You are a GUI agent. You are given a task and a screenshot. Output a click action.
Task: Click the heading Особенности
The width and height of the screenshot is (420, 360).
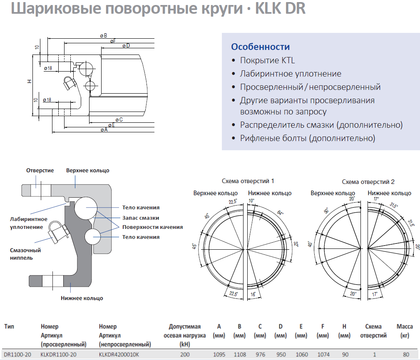260,47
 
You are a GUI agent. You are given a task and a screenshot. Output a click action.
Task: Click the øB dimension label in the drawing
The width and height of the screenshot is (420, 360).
104,36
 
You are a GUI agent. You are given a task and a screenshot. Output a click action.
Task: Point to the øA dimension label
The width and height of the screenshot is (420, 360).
104,130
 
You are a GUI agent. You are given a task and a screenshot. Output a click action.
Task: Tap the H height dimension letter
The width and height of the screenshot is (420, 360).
30,81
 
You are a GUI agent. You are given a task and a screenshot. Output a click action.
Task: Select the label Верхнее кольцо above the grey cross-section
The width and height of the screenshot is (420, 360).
87,170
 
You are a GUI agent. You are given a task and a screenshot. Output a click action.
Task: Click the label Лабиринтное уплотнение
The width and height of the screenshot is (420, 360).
29,223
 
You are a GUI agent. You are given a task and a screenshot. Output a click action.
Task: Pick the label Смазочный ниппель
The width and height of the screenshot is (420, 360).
25,254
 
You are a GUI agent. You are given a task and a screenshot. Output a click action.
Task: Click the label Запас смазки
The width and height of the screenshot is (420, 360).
141,218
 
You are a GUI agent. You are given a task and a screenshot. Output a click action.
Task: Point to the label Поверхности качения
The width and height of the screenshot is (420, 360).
152,227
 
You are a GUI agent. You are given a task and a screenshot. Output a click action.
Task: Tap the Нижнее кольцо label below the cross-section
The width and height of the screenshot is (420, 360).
82,298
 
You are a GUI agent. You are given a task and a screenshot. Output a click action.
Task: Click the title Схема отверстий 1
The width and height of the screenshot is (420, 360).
248,181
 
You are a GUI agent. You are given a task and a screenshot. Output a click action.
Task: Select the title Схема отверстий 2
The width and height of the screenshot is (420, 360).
368,182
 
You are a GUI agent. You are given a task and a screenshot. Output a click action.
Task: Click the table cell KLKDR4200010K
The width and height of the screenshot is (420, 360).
119,355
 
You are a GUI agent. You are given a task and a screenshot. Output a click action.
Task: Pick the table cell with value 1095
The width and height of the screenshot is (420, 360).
219,355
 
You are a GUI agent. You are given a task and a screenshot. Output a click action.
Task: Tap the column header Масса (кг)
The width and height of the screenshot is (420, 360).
405,331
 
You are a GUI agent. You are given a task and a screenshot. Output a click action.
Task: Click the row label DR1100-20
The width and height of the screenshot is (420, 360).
17,355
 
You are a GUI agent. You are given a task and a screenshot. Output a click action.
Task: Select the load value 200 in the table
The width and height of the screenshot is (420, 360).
185,355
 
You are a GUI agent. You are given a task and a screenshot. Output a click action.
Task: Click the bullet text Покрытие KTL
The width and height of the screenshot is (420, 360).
267,60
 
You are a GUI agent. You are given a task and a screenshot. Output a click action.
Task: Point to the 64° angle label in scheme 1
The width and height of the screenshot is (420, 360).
280,213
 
